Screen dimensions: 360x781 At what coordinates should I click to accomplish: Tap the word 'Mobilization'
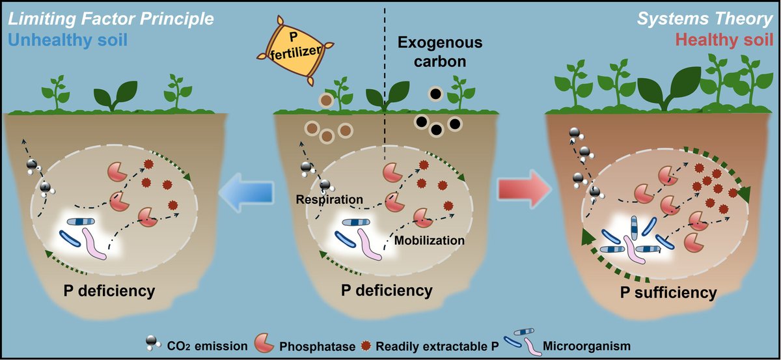click(x=430, y=240)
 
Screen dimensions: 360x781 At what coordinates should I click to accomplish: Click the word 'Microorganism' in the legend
click(x=593, y=344)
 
